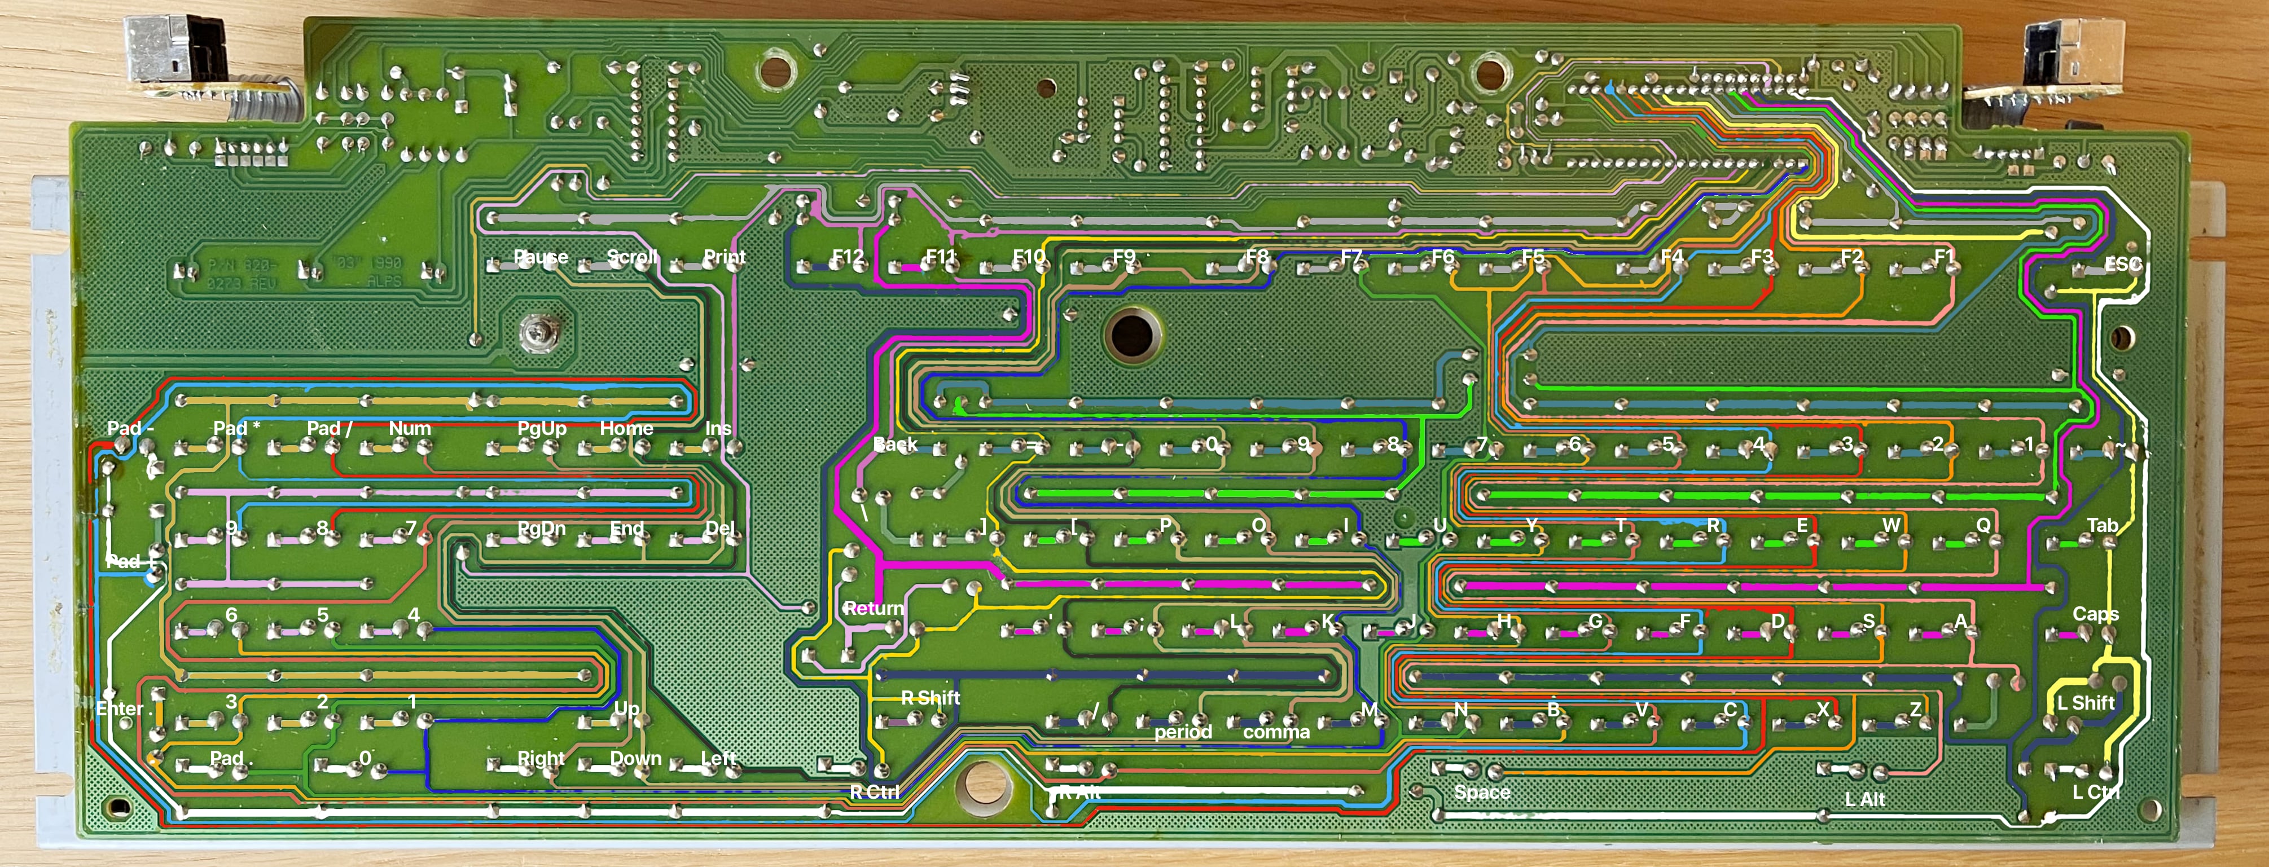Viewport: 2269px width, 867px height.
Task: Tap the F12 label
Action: [x=848, y=257]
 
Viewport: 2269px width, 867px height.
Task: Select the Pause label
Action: [x=541, y=257]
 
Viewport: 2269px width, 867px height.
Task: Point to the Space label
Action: [x=1482, y=792]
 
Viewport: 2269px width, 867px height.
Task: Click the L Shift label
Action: [x=2085, y=702]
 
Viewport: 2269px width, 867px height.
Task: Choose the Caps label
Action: [x=2095, y=614]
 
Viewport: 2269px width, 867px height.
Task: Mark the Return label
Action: [x=873, y=608]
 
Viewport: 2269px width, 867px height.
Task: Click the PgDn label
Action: [x=541, y=528]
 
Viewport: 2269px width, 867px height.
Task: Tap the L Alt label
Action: [x=1865, y=799]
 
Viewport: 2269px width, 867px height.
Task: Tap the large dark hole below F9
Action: [x=1132, y=335]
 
